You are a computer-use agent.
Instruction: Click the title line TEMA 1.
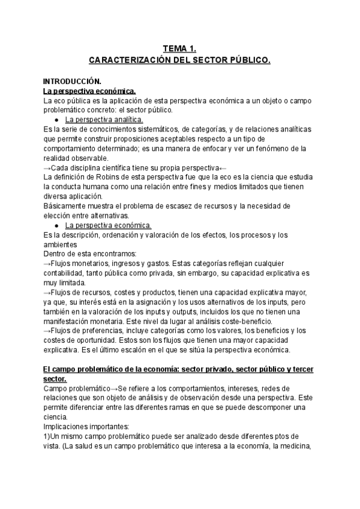pyautogui.click(x=180, y=49)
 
